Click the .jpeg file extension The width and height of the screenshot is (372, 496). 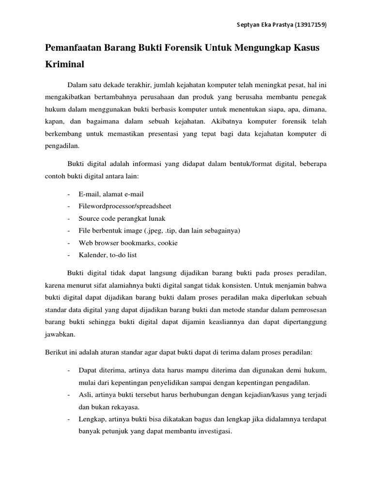(x=159, y=230)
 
